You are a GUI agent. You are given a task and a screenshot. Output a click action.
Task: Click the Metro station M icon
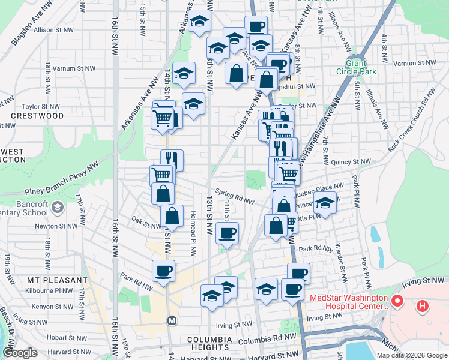[x=172, y=320]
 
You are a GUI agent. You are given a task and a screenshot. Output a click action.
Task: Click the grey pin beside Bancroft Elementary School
[x=57, y=208]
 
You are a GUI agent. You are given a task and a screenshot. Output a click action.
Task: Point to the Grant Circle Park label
[x=361, y=67]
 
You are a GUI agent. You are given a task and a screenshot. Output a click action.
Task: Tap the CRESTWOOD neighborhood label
[x=37, y=116]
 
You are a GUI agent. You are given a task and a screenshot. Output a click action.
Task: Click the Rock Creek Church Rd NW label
[x=412, y=120]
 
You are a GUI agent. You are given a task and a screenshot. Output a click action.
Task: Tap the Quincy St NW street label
[x=352, y=161]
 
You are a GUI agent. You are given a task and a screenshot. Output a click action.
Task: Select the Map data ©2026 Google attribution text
[x=411, y=355]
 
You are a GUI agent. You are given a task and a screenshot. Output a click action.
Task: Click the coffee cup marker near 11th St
[x=227, y=233]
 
